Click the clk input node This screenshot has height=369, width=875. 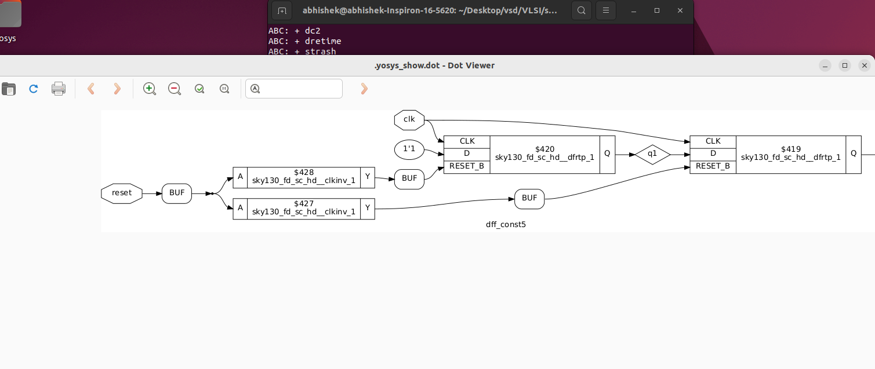(x=409, y=120)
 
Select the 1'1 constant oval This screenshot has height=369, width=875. (x=409, y=149)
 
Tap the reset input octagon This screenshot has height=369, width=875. (x=122, y=193)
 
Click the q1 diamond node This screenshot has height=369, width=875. (x=652, y=155)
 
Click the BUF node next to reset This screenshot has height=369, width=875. (x=177, y=193)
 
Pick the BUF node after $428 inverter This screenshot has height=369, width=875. (x=409, y=178)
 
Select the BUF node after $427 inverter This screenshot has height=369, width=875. (x=529, y=198)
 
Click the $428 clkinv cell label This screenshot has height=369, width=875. (x=304, y=177)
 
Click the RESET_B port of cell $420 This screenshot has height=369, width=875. (x=467, y=166)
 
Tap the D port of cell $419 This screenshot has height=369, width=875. (x=713, y=154)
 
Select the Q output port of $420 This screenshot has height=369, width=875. (x=607, y=154)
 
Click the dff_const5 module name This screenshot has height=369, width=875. (x=506, y=224)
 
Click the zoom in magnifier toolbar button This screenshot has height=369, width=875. (x=150, y=89)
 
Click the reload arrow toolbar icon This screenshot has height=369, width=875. (x=34, y=89)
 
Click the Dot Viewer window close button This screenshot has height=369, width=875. (x=865, y=65)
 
